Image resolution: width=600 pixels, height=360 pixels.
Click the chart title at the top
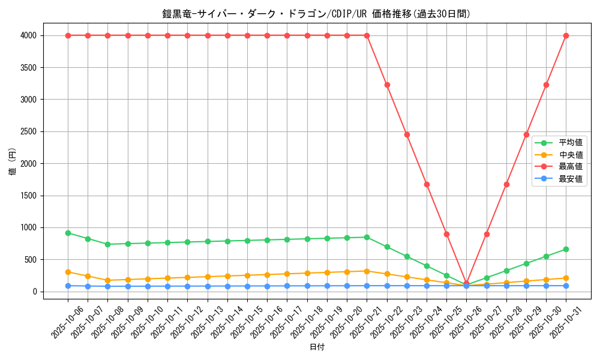316,14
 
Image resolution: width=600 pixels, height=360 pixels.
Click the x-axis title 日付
317,347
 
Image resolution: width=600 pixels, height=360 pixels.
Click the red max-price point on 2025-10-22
387,85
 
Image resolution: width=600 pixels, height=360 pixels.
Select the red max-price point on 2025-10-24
427,184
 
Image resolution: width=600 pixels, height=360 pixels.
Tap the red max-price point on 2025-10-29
526,134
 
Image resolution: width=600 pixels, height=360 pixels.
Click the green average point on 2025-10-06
68,233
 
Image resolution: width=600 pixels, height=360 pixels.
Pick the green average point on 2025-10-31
566,249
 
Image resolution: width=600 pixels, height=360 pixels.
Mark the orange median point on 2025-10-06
68,272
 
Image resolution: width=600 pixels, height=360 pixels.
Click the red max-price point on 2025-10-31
566,35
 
